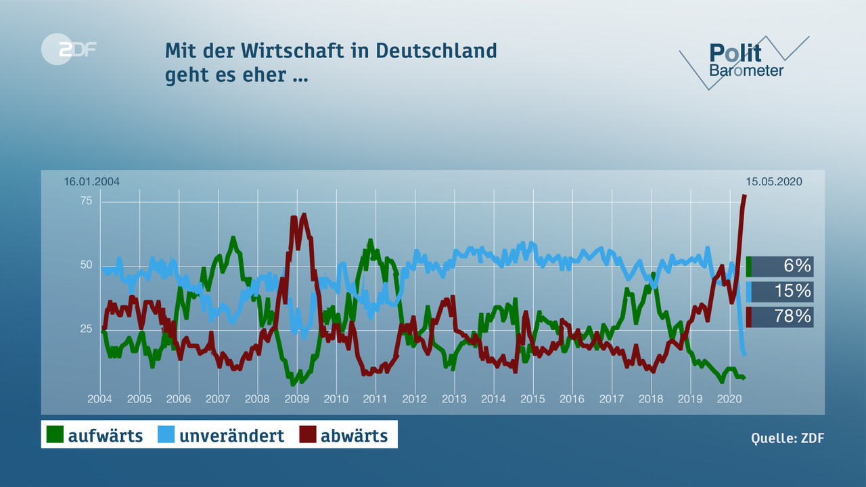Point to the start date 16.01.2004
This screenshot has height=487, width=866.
coord(91,181)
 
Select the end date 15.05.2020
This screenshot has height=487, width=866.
coord(773,181)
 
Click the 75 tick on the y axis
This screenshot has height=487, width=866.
coord(87,200)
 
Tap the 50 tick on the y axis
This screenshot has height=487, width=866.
coord(87,264)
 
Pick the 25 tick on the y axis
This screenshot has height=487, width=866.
coord(87,329)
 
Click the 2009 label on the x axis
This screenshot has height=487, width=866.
coord(296,399)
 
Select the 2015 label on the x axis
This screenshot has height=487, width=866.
coord(532,399)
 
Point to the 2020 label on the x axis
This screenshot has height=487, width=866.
coord(729,399)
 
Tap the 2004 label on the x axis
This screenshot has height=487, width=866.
coord(99,399)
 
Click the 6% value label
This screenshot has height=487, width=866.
coord(797,266)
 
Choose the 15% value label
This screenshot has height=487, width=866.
coord(793,292)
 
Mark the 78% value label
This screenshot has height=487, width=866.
coord(792,317)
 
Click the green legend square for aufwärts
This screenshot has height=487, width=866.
coord(55,435)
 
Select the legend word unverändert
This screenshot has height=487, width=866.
coord(231,436)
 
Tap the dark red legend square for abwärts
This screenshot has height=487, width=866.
coord(309,435)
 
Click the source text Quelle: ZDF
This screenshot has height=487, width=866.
coord(788,438)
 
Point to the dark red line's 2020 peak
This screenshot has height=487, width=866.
coord(744,196)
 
